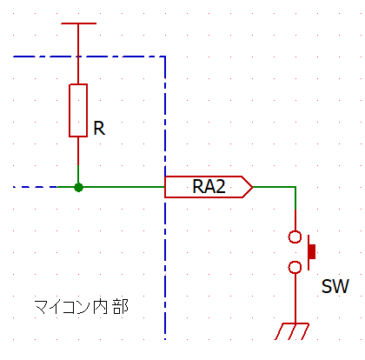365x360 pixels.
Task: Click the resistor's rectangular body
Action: (78, 110)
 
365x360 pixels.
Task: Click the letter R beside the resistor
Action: (99, 128)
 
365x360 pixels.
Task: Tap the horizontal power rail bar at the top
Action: (78, 24)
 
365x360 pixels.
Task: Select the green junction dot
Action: (78, 187)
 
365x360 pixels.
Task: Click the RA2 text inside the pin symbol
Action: (208, 187)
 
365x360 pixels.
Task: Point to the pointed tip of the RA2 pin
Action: (251, 187)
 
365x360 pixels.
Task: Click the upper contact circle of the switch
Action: (295, 237)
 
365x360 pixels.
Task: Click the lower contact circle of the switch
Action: (295, 267)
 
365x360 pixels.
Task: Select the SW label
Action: (335, 287)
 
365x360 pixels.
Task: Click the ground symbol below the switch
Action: (295, 330)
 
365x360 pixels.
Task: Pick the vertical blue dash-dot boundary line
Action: (165, 261)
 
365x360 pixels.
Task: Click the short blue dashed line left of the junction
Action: (35, 187)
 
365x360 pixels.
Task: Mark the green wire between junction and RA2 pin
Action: (122, 187)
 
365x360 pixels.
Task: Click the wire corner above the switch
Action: (295, 187)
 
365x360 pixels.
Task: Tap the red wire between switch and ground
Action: (295, 296)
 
